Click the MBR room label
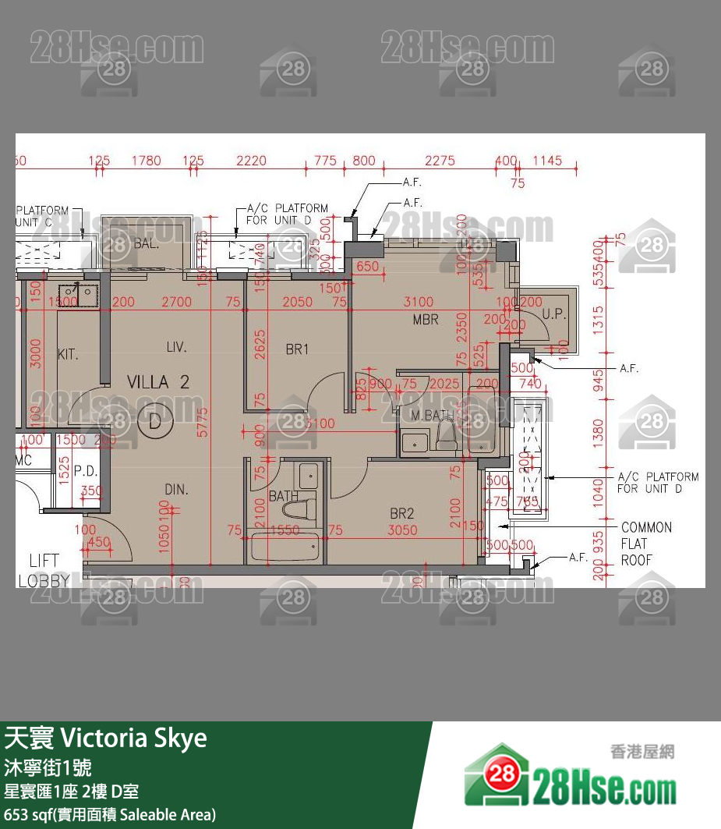[426, 320]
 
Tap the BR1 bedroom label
[297, 349]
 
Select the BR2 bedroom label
[401, 513]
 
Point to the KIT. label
[69, 355]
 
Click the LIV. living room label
[176, 347]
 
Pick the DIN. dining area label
[176, 489]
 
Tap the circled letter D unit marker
[154, 422]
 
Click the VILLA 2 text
[158, 382]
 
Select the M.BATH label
[427, 416]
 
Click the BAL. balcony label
[146, 243]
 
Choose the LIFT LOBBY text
[44, 570]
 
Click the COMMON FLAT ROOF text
[646, 544]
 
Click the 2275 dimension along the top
[440, 161]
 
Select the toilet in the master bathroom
[445, 434]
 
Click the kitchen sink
[78, 293]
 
